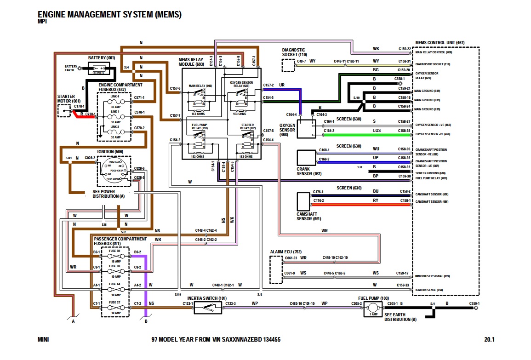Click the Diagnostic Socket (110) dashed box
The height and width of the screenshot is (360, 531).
click(288, 65)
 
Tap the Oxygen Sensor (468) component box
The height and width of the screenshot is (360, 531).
click(306, 128)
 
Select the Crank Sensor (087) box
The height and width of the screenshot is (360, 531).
click(306, 158)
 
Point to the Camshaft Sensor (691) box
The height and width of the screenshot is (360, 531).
click(303, 201)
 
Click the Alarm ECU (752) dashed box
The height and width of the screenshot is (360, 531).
click(276, 269)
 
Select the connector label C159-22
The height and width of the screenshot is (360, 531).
click(404, 49)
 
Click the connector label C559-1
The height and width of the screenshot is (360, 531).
click(474, 303)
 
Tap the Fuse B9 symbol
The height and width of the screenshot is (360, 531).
click(114, 256)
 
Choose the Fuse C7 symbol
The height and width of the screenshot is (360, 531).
click(114, 307)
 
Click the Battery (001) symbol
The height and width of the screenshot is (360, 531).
click(99, 69)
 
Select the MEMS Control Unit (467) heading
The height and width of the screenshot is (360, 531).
click(440, 43)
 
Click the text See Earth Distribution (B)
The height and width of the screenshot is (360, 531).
click(400, 317)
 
